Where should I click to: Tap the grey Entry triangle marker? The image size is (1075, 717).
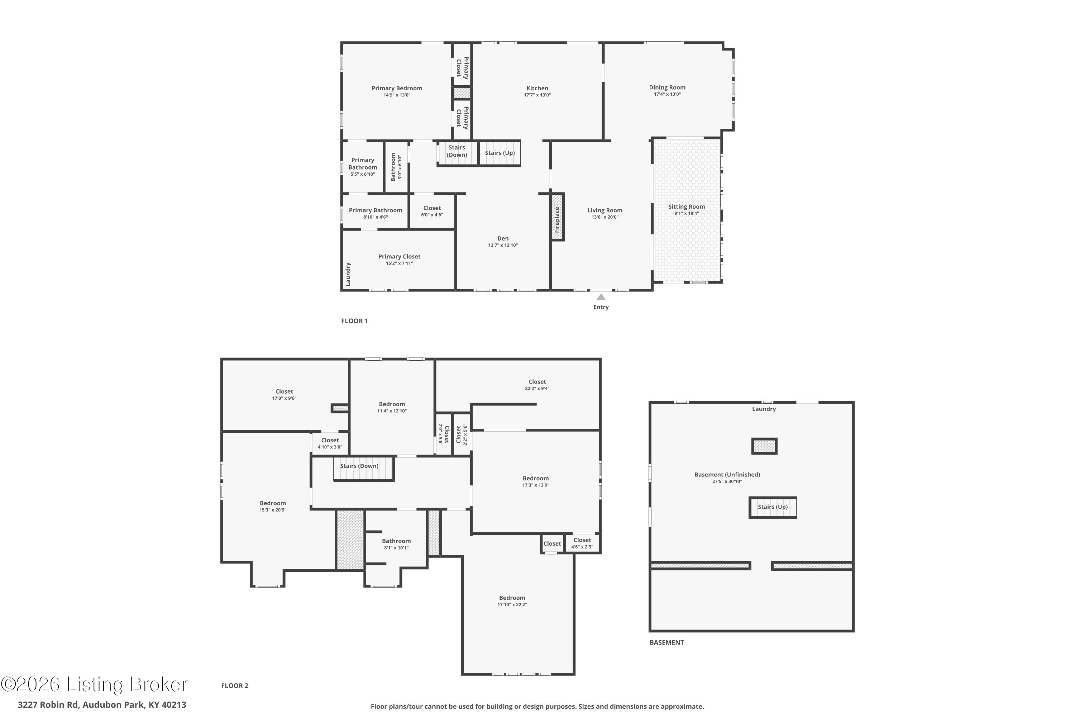click(x=601, y=297)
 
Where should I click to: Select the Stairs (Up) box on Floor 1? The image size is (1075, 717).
click(x=500, y=153)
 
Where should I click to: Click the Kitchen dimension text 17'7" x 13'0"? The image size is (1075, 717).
click(x=537, y=95)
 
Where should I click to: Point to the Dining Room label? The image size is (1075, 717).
click(x=667, y=87)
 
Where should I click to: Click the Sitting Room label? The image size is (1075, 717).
click(x=686, y=207)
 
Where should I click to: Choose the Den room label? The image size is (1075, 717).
click(x=503, y=238)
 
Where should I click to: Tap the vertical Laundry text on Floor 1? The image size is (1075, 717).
click(x=348, y=274)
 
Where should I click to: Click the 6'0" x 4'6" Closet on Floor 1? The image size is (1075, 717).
click(x=432, y=211)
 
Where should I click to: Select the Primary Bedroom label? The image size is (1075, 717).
click(x=396, y=88)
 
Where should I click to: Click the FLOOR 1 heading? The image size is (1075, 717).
click(x=354, y=321)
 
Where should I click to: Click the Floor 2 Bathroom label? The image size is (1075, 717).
click(x=396, y=541)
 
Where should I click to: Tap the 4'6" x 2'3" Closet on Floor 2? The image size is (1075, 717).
click(x=582, y=543)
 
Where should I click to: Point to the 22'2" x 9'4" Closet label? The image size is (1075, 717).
click(x=537, y=382)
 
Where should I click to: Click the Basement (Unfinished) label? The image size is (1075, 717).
click(x=727, y=475)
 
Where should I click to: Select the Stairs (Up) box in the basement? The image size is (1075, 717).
click(x=773, y=507)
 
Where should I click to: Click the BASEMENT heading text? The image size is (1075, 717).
click(x=666, y=642)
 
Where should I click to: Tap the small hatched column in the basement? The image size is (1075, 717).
click(x=764, y=446)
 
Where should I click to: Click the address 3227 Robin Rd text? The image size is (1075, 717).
click(x=101, y=705)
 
